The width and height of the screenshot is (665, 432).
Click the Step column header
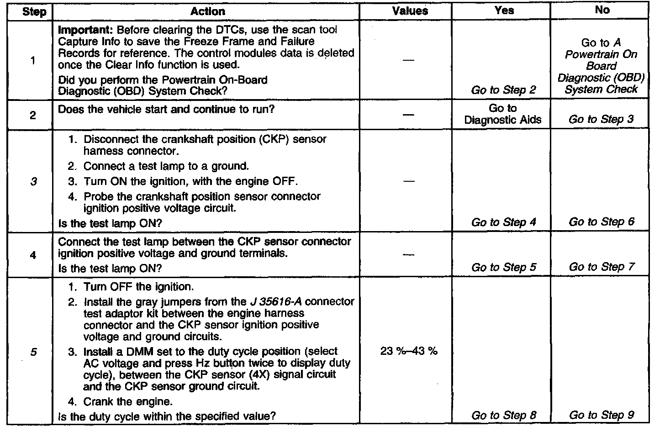34,11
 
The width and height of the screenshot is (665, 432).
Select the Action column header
207,11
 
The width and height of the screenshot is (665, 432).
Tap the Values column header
410,11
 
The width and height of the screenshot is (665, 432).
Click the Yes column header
504,11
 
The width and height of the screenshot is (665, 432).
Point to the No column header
602,10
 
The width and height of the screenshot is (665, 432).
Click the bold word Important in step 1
85,30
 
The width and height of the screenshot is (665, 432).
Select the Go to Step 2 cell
503,90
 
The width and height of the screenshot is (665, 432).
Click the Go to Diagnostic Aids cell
502,114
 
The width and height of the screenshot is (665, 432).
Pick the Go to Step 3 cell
601,120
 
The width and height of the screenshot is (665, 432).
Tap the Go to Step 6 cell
601,222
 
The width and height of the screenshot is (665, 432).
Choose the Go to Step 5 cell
503,267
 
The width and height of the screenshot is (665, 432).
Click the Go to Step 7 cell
601,267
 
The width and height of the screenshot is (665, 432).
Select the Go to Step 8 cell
503,415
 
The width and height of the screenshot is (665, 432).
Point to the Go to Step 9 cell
601,415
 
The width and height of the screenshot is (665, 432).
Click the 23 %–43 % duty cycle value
408,351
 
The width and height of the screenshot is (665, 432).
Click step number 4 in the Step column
33,255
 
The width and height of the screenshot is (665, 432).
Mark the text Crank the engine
128,402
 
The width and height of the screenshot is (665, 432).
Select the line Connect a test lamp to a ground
166,166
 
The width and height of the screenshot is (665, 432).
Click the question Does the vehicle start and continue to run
166,110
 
